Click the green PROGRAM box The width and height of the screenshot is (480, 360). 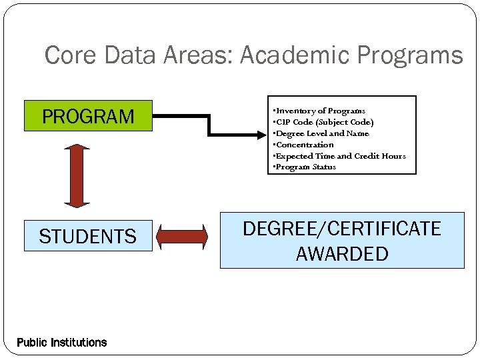pyautogui.click(x=88, y=116)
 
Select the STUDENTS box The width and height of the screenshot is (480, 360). pyautogui.click(x=88, y=236)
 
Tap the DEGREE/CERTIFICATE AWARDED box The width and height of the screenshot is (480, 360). pyautogui.click(x=342, y=241)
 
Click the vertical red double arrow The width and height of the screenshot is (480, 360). pyautogui.click(x=77, y=175)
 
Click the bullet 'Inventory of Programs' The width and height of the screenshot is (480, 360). pyautogui.click(x=320, y=111)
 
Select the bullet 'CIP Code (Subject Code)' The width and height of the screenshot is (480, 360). pyautogui.click(x=324, y=122)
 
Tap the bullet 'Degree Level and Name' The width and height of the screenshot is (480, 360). pyautogui.click(x=321, y=133)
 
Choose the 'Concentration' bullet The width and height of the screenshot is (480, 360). pyautogui.click(x=304, y=145)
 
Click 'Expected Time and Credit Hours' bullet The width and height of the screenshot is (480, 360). pyautogui.click(x=340, y=156)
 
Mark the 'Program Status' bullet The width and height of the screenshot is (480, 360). pyautogui.click(x=305, y=167)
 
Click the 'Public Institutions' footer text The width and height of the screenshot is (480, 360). pyautogui.click(x=61, y=343)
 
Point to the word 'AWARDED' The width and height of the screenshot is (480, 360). pyautogui.click(x=342, y=254)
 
